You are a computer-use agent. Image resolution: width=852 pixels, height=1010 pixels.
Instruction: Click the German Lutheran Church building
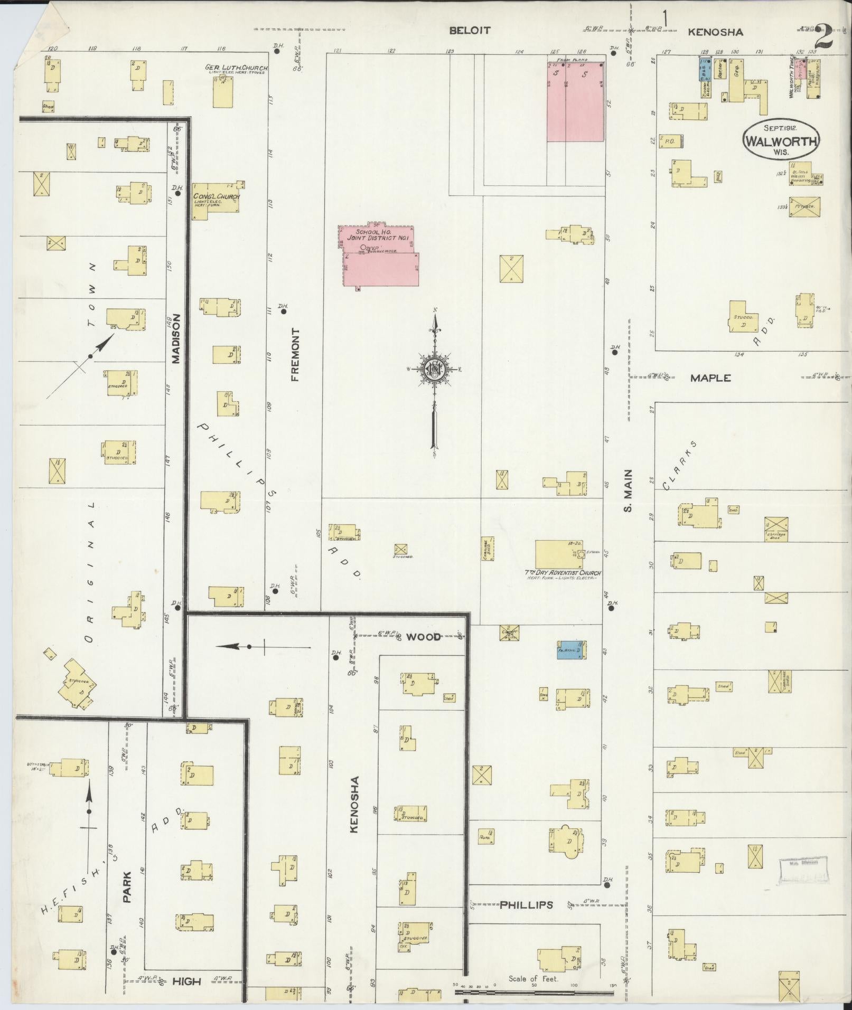222,92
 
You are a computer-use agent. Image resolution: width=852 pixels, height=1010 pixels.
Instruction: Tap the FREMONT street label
295,355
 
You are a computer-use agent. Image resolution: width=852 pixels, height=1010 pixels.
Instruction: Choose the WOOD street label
424,637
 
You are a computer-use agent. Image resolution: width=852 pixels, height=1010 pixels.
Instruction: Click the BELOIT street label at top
469,31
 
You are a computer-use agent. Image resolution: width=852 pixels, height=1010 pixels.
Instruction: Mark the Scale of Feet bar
533,993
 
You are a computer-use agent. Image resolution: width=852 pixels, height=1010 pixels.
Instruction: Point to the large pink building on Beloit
575,102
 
